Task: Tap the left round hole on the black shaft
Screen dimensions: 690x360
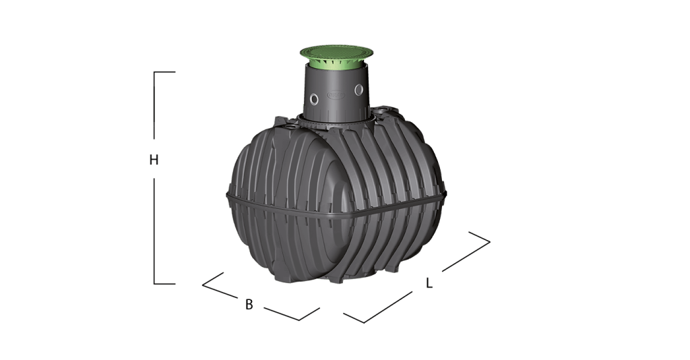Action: click(314, 99)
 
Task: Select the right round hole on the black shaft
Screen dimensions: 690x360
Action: click(359, 90)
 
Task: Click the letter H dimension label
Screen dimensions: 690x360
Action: click(154, 160)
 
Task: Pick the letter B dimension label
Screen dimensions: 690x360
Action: click(249, 304)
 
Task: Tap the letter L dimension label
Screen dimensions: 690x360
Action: click(429, 283)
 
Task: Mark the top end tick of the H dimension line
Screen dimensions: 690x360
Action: click(164, 71)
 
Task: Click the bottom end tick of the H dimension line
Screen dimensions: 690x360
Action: click(164, 284)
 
